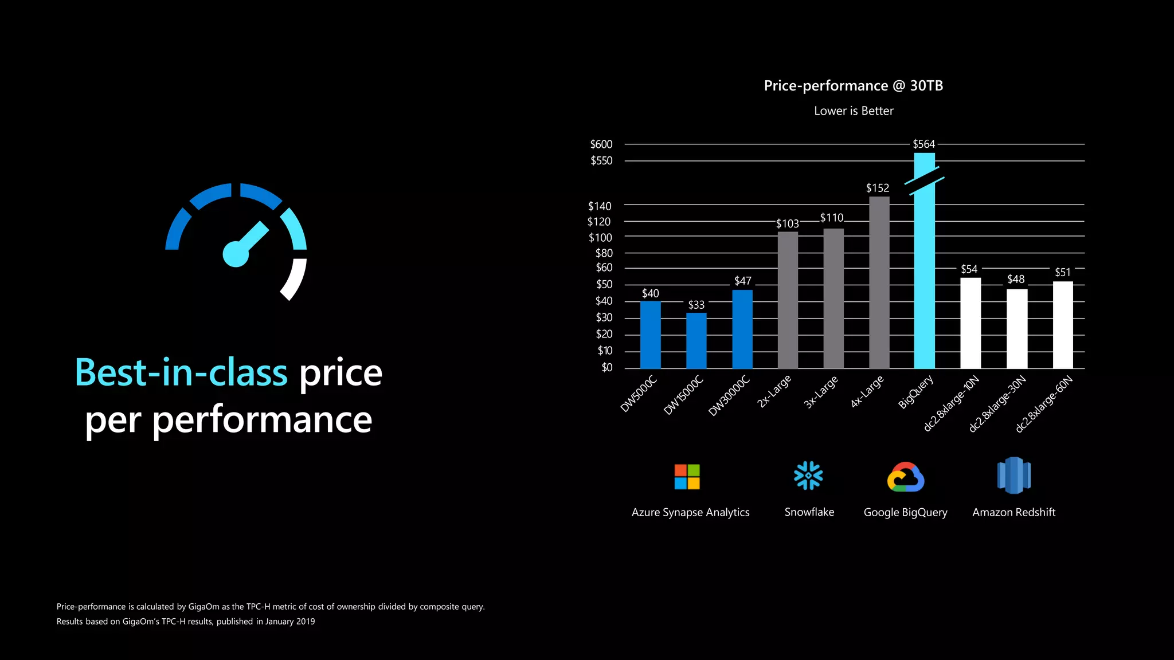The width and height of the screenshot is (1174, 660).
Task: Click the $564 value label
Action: point(923,144)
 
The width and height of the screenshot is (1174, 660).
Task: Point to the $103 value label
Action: point(787,223)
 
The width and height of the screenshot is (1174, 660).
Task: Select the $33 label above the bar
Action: point(696,305)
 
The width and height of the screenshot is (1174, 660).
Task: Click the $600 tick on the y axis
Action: point(601,144)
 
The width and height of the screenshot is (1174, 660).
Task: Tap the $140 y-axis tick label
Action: point(599,206)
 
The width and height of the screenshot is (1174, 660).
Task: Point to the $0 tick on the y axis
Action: point(606,367)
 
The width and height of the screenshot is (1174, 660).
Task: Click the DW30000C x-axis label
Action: point(729,396)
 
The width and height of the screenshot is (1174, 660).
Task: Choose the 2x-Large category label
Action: point(774,391)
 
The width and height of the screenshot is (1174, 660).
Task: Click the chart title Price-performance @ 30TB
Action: point(853,86)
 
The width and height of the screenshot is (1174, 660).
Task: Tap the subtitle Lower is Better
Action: point(853,111)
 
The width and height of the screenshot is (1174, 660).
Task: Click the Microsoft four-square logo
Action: point(687,477)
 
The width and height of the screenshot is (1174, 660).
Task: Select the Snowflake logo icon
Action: point(808,476)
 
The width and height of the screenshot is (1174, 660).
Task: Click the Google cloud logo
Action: point(905,477)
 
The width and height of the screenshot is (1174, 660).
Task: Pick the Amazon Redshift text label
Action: point(1013,512)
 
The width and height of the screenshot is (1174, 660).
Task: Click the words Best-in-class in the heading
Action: point(181,373)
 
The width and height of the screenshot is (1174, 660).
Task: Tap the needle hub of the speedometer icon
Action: point(236,254)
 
